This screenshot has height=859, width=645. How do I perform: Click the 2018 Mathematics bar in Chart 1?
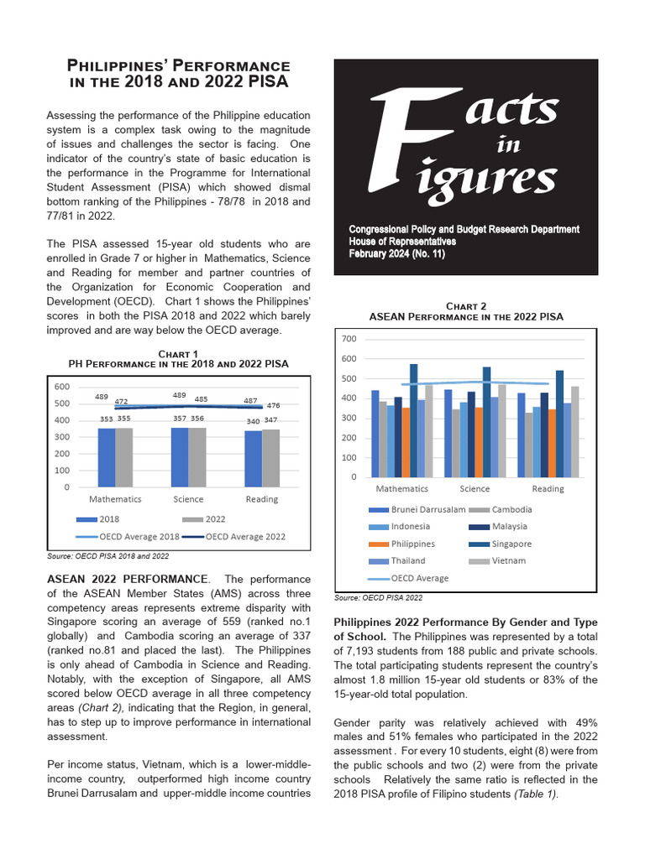pos(107,457)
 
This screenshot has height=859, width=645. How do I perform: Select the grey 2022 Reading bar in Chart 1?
pos(270,458)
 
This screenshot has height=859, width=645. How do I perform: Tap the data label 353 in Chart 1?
pos(107,419)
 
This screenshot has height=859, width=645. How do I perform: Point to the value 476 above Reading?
pos(273,406)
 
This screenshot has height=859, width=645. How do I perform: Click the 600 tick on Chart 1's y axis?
pos(62,387)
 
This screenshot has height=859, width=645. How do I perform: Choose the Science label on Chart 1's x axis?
pos(188,499)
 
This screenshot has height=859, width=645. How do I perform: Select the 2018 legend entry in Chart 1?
pos(101,519)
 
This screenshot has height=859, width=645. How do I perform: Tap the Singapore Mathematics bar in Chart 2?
pos(413,420)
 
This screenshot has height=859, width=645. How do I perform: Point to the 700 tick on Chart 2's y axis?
pos(349,340)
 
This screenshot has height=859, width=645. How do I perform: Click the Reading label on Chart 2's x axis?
pos(548,488)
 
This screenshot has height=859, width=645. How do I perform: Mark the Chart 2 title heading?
pos(466,312)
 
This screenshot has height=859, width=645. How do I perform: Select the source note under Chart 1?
pos(107,556)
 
